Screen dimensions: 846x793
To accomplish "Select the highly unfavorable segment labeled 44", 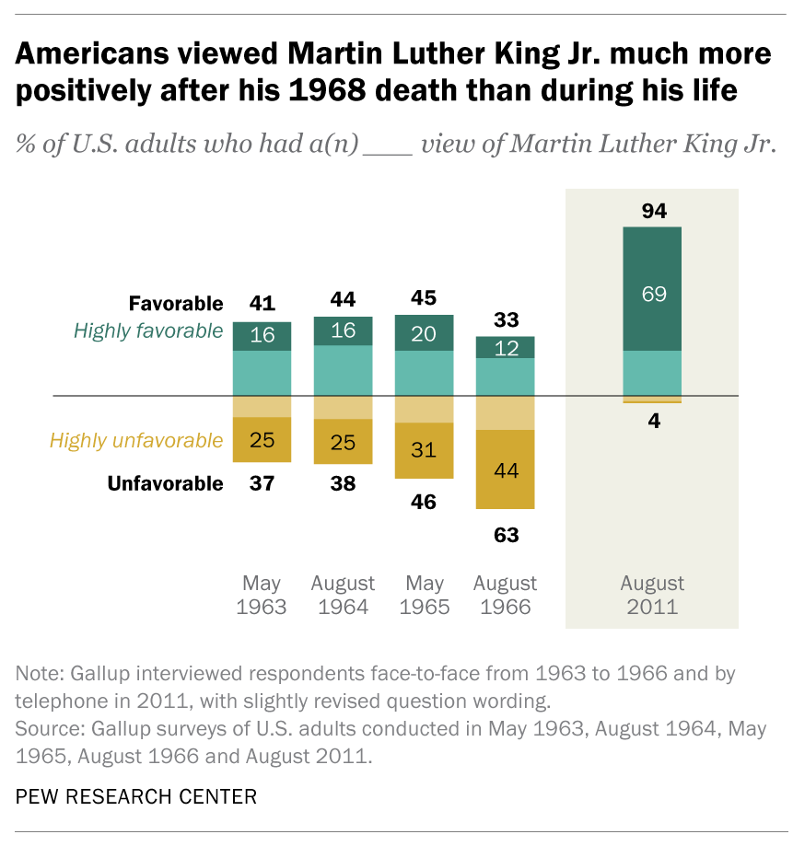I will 505,470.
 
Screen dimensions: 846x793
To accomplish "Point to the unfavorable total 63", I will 505,535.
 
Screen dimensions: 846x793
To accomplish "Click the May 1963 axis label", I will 262,595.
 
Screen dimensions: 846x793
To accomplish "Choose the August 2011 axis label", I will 652,595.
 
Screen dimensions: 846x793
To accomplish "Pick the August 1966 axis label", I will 505,595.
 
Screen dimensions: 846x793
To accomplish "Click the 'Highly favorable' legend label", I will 149,330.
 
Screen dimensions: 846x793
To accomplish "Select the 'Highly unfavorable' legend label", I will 136,440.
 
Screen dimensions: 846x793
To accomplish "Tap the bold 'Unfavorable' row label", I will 165,483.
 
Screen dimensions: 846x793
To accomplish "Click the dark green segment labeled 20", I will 424,333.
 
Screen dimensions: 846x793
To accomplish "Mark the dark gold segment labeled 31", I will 424,450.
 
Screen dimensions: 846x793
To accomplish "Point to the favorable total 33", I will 505,320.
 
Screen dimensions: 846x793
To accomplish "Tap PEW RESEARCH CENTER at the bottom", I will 136,796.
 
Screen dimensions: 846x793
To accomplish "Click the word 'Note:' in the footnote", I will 39,674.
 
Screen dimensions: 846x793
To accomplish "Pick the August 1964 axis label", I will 343,595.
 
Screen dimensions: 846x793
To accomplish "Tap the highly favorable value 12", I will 505,347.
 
